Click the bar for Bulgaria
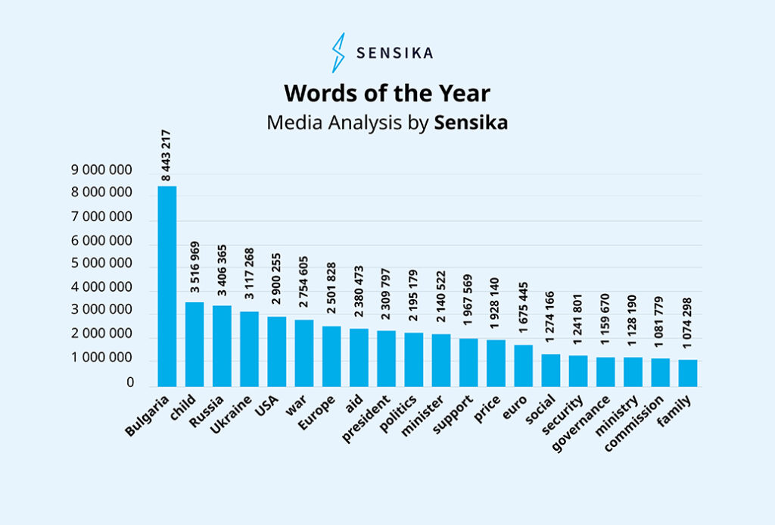click(167, 286)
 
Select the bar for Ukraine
click(249, 348)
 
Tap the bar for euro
click(523, 365)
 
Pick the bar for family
click(687, 373)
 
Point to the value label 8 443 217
click(166, 155)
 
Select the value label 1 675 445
click(523, 312)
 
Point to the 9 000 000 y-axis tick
click(102, 170)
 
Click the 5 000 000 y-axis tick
click(102, 264)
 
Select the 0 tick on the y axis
click(130, 383)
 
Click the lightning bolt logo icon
click(338, 52)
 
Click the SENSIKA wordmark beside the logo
click(394, 53)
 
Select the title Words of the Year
click(387, 93)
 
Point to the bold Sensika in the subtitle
click(470, 123)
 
